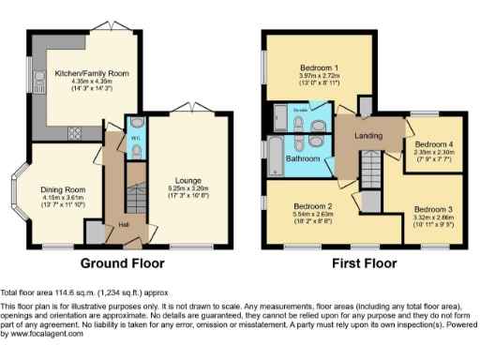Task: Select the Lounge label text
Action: (x=188, y=180)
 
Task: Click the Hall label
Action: (x=123, y=225)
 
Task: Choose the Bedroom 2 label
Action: (x=313, y=205)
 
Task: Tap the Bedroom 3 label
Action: (x=432, y=208)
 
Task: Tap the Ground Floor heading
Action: (x=121, y=263)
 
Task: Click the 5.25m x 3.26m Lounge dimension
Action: (x=188, y=188)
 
